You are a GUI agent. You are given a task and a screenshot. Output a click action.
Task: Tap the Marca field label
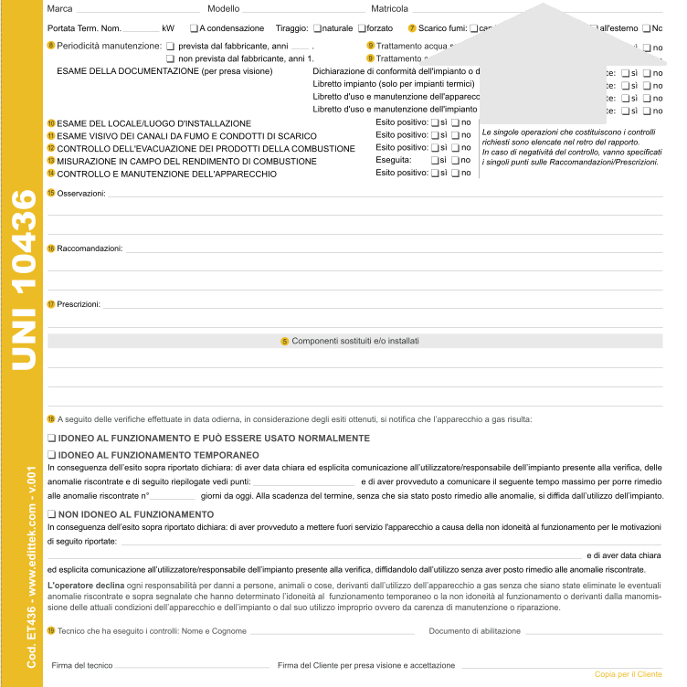point(59,8)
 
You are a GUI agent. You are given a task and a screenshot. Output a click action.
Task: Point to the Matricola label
point(389,8)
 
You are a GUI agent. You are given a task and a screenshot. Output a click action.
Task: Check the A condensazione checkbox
point(194,28)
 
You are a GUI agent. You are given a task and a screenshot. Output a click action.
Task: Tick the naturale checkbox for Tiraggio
point(316,28)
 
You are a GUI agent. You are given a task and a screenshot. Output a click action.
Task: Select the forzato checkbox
point(360,28)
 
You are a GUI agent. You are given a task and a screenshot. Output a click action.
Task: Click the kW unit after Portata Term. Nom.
point(167,28)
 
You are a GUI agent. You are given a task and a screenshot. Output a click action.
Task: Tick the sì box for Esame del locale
point(434,122)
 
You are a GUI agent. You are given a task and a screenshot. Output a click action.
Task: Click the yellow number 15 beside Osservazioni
point(51,194)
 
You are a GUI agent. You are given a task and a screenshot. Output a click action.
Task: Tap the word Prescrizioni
point(78,304)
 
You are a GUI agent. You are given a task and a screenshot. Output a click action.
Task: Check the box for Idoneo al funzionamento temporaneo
point(52,454)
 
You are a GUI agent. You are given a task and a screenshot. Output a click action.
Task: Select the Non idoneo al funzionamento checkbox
point(52,514)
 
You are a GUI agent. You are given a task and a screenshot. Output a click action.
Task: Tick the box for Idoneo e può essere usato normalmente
point(52,439)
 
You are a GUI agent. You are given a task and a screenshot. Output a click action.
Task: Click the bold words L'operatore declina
point(79,584)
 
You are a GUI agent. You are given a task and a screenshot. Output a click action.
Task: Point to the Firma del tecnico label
point(82,666)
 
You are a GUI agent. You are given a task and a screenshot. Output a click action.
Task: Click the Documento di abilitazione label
point(474,631)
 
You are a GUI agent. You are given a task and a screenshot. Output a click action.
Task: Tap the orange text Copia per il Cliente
point(628,674)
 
